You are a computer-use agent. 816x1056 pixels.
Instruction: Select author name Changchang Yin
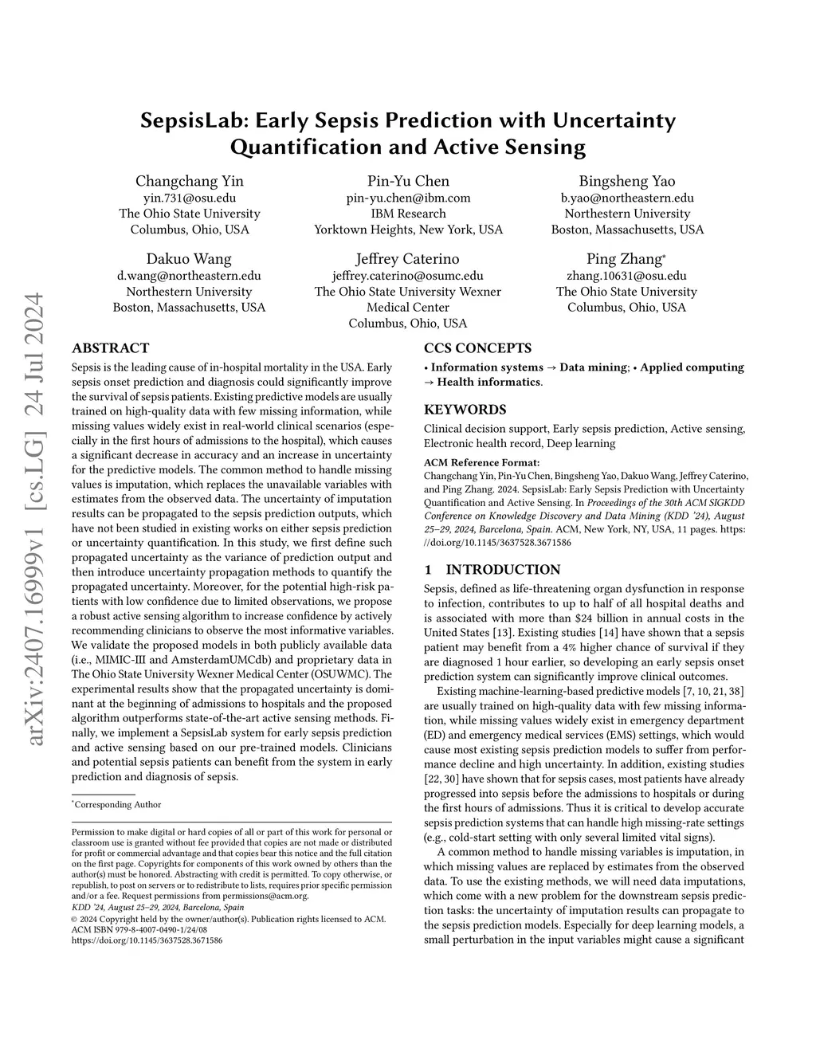pos(190,181)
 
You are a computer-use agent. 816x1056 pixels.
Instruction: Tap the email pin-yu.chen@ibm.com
pos(408,198)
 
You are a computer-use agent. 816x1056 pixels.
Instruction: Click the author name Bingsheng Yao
pos(627,181)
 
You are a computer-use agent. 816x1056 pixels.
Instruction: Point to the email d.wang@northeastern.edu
pos(189,276)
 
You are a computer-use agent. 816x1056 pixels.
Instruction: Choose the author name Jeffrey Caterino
pos(408,259)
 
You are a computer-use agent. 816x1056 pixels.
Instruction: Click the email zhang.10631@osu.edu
pos(626,276)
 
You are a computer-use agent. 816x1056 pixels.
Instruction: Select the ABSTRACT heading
pos(110,348)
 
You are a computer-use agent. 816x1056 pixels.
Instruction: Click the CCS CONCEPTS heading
pos(477,348)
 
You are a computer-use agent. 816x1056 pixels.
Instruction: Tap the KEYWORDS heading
pos(465,410)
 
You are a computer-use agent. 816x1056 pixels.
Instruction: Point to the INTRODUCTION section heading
pos(502,570)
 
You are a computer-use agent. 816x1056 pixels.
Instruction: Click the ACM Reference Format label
pos(481,462)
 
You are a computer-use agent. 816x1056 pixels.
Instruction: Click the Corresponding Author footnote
pos(117,805)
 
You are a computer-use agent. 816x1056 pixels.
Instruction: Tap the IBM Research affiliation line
pos(408,214)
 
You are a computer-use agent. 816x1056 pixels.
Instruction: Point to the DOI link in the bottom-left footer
pos(147,940)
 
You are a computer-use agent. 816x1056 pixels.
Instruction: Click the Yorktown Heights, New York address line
pos(408,230)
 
